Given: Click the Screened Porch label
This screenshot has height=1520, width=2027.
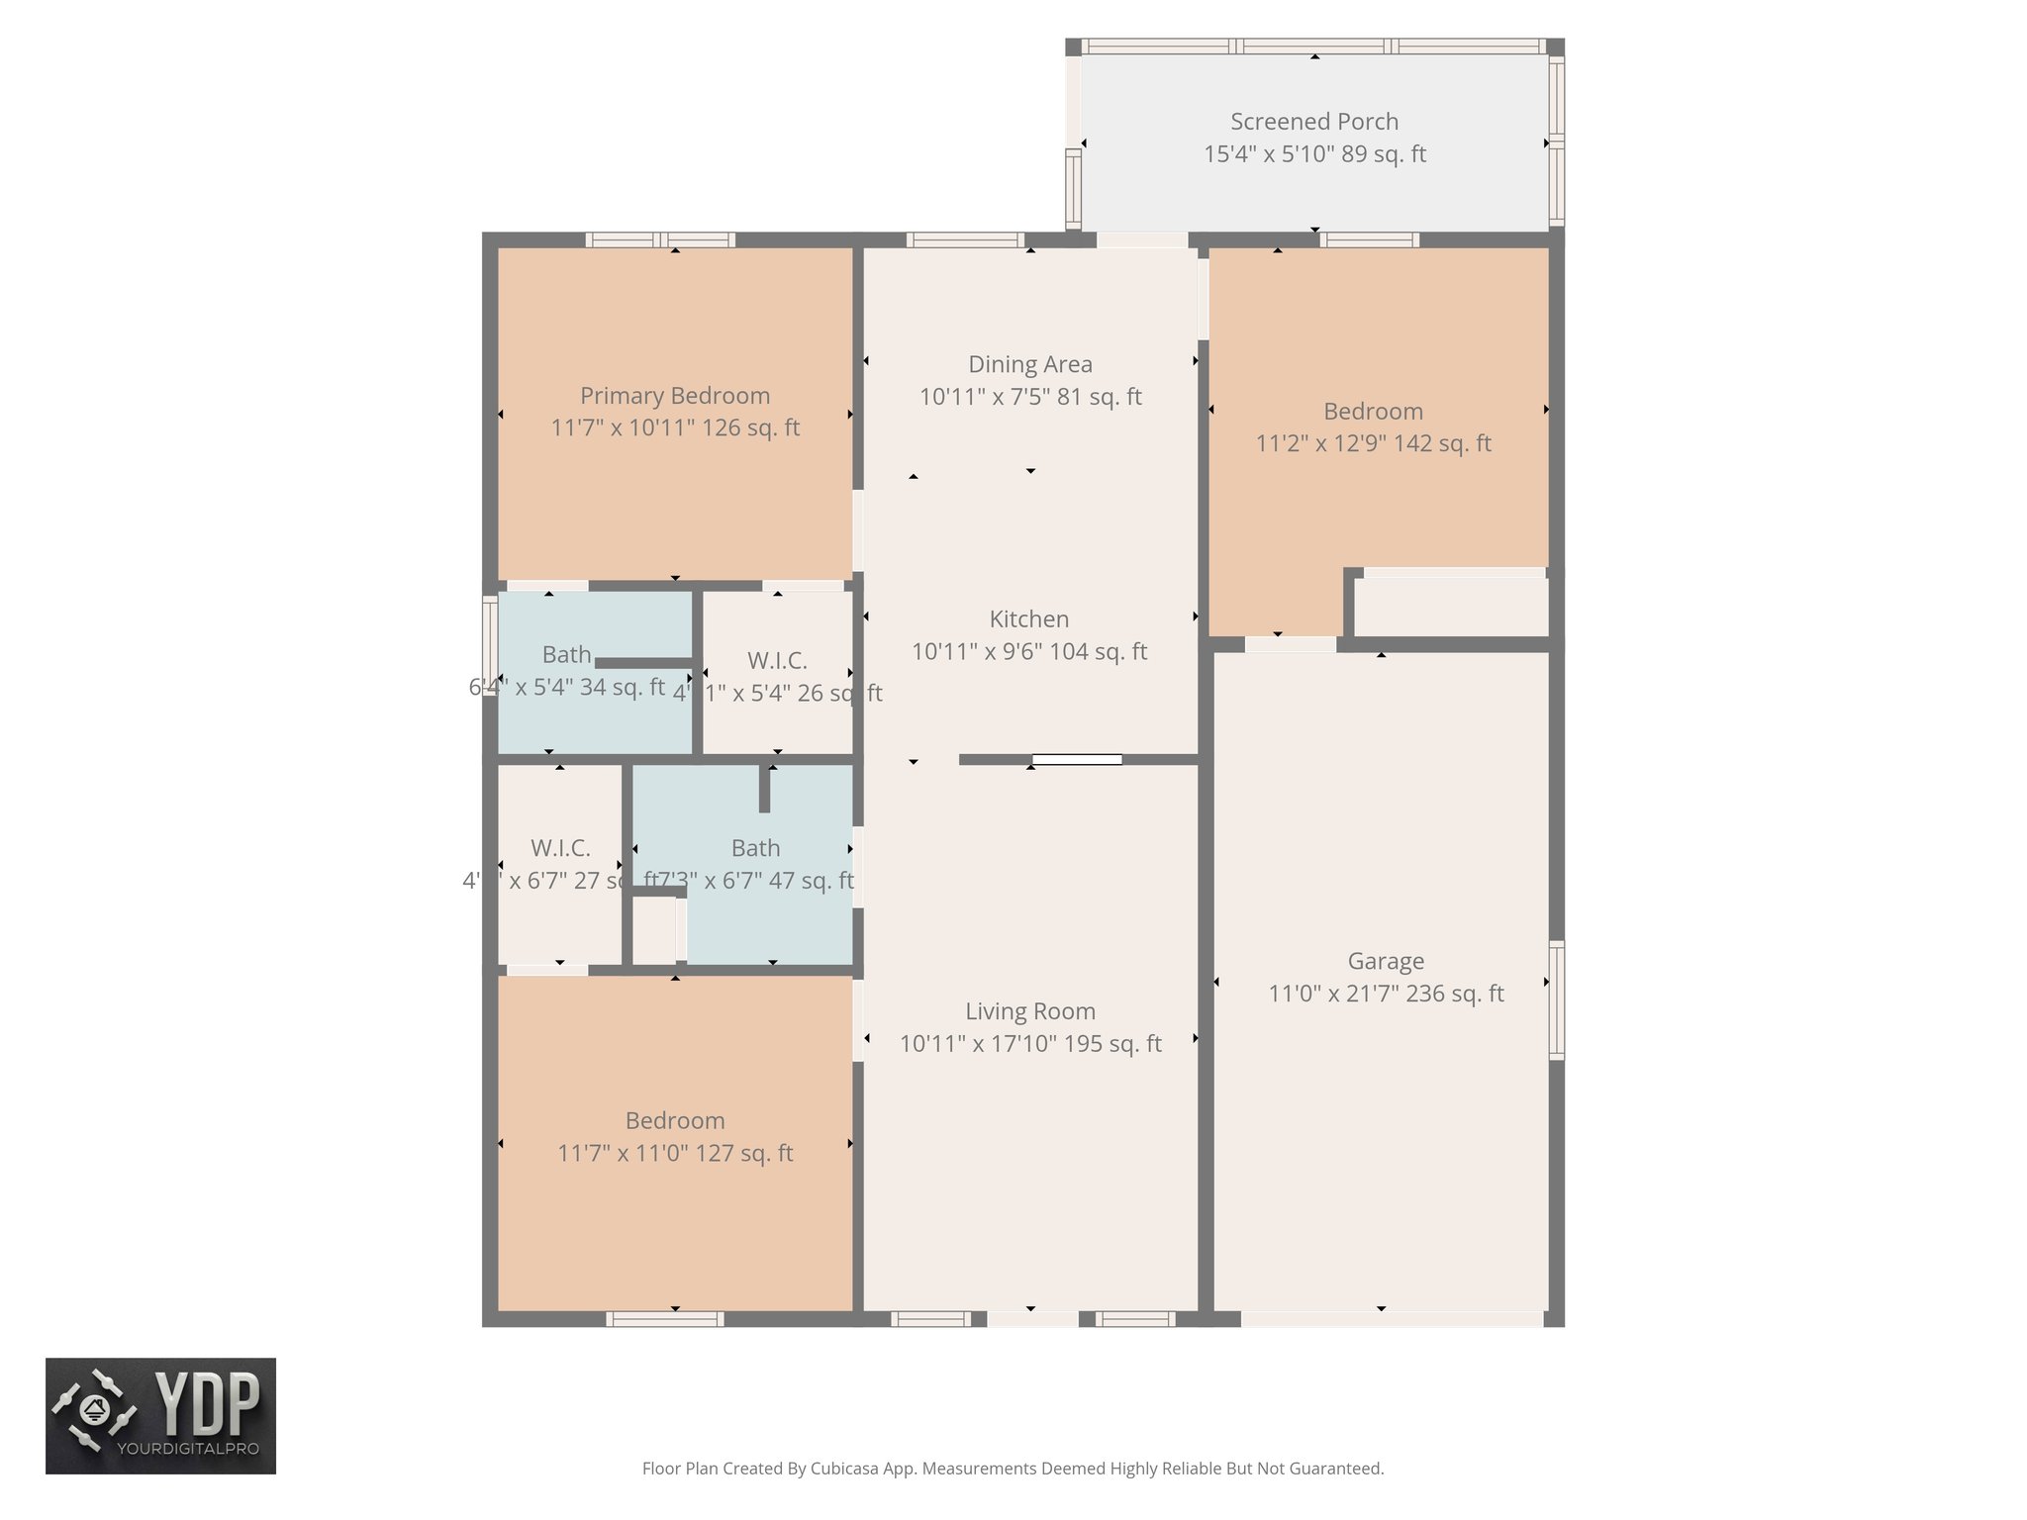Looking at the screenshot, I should click(1313, 122).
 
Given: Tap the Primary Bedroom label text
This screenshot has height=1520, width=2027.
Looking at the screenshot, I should click(674, 396).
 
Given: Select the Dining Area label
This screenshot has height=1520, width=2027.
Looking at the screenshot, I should click(1029, 364).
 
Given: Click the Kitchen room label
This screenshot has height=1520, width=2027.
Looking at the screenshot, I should click(1028, 619).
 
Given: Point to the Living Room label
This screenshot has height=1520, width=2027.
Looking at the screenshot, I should click(1029, 1011).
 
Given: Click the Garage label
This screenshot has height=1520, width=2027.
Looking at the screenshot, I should click(1385, 961).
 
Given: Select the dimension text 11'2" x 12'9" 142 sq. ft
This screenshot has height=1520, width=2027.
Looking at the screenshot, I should click(1373, 443).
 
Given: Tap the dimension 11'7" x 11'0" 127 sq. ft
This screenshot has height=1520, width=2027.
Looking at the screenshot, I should click(674, 1153).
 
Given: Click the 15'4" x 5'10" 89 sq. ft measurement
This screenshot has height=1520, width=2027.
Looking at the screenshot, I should click(1313, 154).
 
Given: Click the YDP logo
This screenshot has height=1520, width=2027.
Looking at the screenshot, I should click(160, 1415).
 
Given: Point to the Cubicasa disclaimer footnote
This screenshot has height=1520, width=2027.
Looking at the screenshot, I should click(1012, 1469).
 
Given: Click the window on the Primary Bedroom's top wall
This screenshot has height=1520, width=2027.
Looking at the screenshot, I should click(659, 239).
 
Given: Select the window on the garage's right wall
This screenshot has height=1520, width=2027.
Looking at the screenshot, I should click(1556, 999).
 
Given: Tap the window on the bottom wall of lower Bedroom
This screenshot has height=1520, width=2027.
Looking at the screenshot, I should click(664, 1319).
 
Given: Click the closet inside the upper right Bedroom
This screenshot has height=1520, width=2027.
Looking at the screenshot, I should click(1451, 606).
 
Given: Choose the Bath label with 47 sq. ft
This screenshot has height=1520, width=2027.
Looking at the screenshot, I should click(755, 848).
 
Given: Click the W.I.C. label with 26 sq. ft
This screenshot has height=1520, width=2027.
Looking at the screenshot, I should click(777, 660).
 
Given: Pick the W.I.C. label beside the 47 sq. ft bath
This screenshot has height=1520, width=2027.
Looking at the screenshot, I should click(560, 848).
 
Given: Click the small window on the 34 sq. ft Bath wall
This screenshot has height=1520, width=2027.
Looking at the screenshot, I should click(489, 645).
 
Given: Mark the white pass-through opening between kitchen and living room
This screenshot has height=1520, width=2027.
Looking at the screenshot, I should click(1077, 760).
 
